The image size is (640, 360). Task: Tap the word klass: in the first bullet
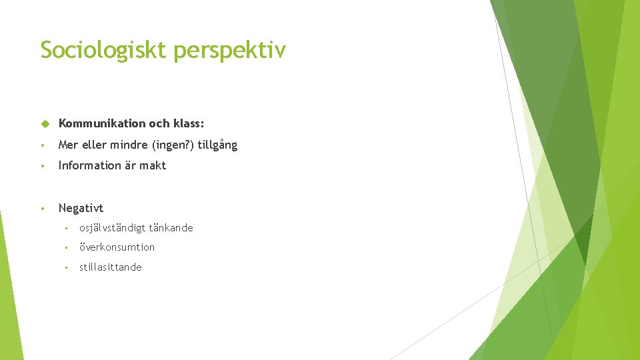coord(189,123)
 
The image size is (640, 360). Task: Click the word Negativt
coord(81,208)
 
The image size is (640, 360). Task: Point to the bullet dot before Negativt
coord(42,209)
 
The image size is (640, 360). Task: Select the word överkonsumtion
coord(117,247)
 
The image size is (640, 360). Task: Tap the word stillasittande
coord(110,267)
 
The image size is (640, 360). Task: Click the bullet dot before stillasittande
coord(66,268)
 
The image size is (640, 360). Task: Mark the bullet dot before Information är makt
coord(42,166)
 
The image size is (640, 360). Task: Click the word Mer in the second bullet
coord(68,145)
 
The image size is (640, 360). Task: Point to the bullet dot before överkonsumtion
coord(66,248)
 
